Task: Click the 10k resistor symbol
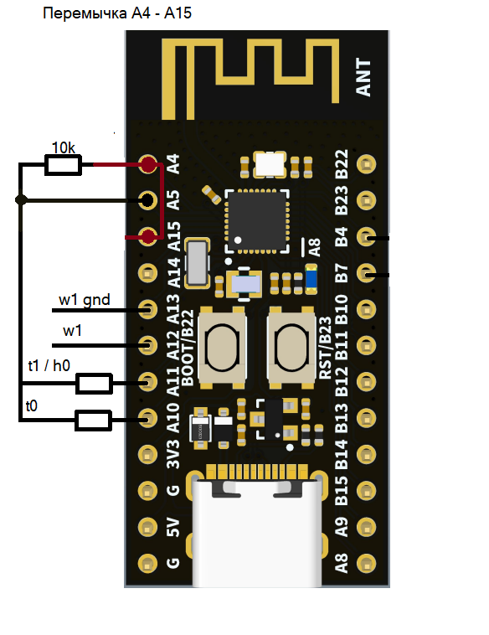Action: click(63, 165)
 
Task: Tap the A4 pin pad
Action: click(148, 164)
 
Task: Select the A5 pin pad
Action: click(147, 200)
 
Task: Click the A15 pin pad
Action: click(148, 236)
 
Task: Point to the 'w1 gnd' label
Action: click(85, 300)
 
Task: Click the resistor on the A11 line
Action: click(94, 383)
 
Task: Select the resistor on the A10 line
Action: click(93, 420)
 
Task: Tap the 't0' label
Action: click(32, 405)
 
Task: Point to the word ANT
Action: click(363, 77)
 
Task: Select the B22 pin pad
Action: click(367, 164)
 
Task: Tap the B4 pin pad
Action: click(367, 236)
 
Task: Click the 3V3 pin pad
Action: click(147, 454)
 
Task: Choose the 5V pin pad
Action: click(147, 527)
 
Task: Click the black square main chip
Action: click(257, 221)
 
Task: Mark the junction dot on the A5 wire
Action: click(21, 200)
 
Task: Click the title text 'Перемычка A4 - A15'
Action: click(117, 13)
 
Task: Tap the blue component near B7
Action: click(311, 279)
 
